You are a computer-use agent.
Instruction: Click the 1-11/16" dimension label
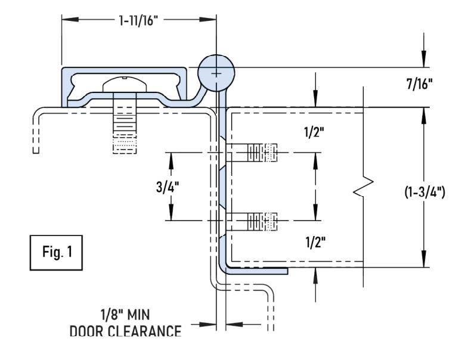[x=138, y=20]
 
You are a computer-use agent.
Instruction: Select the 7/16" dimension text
[x=419, y=84]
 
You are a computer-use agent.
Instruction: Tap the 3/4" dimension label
[x=168, y=187]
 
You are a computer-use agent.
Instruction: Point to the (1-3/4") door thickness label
[x=424, y=192]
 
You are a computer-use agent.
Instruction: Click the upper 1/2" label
[x=314, y=132]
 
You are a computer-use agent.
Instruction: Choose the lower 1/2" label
[x=315, y=242]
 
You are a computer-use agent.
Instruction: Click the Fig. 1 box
[x=56, y=253]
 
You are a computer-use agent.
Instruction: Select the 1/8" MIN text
[x=125, y=315]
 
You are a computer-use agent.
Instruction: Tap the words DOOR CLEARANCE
[x=125, y=331]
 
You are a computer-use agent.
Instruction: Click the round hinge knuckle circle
[x=216, y=73]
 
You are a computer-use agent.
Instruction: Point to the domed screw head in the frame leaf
[x=125, y=84]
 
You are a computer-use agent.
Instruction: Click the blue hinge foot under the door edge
[x=257, y=271]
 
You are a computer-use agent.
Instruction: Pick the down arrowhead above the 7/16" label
[x=424, y=59]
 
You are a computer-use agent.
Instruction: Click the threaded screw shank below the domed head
[x=125, y=123]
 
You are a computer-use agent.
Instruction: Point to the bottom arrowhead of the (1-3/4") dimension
[x=424, y=259]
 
